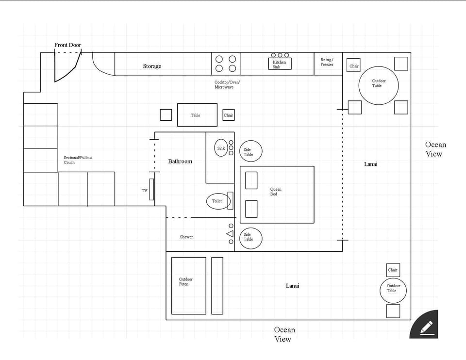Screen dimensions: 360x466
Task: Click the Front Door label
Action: click(67, 45)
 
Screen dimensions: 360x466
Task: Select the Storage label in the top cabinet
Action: click(152, 66)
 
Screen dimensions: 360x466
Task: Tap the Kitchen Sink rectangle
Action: click(280, 64)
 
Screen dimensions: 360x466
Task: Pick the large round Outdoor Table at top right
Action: click(378, 85)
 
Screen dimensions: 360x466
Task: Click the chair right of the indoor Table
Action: click(229, 115)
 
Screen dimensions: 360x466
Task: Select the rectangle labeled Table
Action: click(197, 115)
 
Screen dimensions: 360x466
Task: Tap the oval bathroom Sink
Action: click(221, 148)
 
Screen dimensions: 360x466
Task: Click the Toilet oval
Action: click(217, 201)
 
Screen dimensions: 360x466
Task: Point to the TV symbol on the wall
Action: click(151, 189)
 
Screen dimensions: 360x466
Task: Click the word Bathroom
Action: click(180, 161)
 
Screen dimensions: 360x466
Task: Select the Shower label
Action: click(186, 237)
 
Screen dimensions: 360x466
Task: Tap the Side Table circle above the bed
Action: click(250, 151)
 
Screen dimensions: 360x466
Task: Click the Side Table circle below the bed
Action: click(250, 238)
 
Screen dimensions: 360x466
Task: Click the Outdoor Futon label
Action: click(185, 281)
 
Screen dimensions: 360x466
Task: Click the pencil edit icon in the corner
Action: click(425, 326)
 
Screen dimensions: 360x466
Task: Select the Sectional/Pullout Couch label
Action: click(78, 160)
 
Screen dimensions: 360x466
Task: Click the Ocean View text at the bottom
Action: click(284, 334)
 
